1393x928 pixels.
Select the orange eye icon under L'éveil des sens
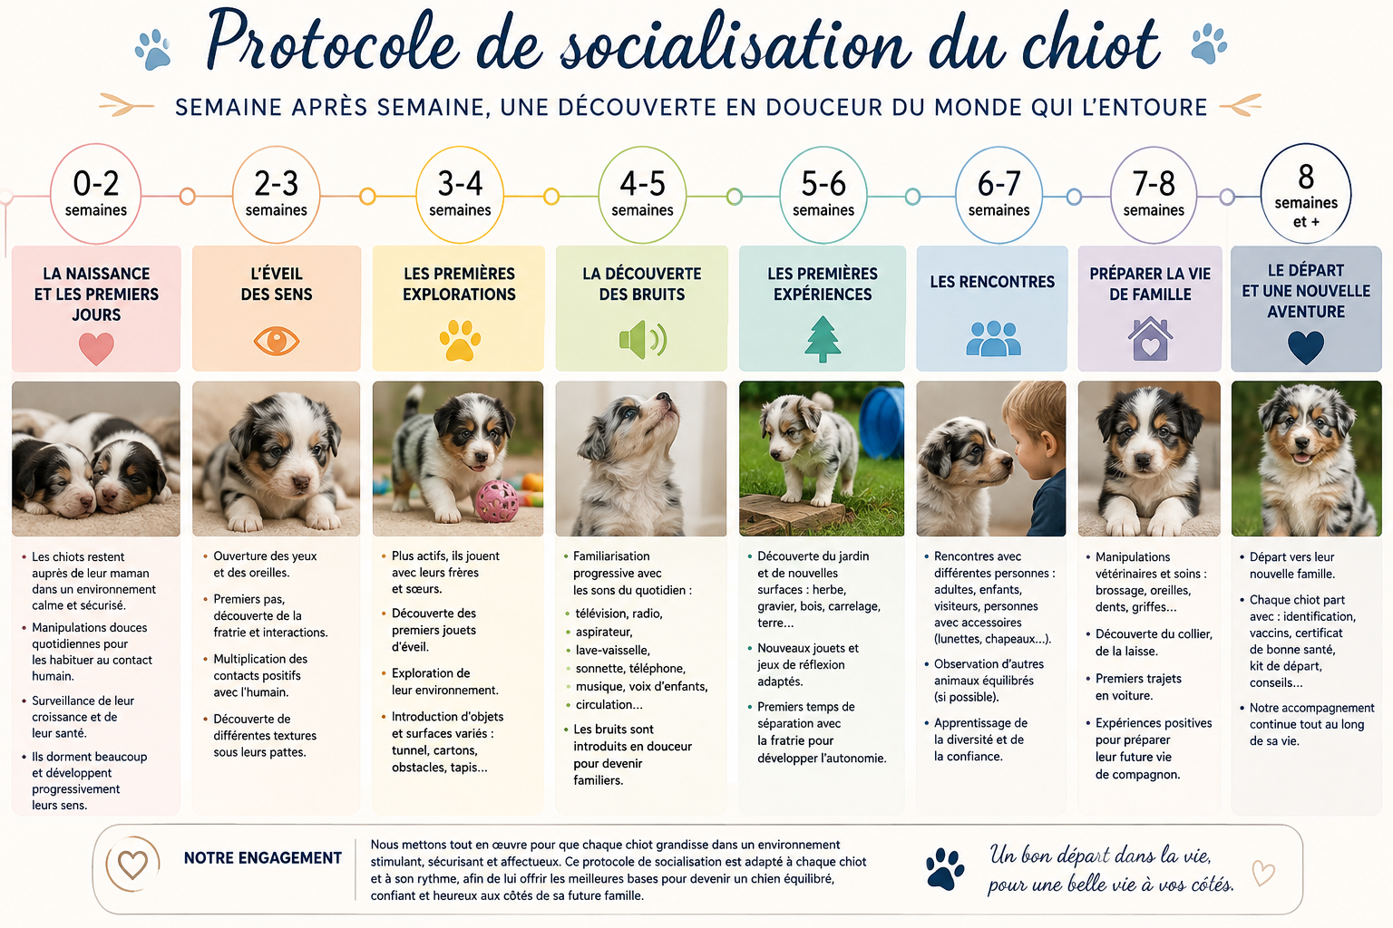pyautogui.click(x=277, y=342)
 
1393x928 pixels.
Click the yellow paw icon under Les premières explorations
pyautogui.click(x=460, y=340)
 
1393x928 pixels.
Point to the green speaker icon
pyautogui.click(x=642, y=340)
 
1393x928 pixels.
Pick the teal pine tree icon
pyautogui.click(x=823, y=339)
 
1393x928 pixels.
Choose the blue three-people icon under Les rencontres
pyautogui.click(x=993, y=338)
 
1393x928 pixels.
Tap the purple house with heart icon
pyautogui.click(x=1151, y=339)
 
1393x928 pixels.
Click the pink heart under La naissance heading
pyautogui.click(x=96, y=348)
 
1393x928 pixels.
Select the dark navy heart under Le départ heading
pyautogui.click(x=1306, y=347)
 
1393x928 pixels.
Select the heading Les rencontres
pyautogui.click(x=992, y=282)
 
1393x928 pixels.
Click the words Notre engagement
pyautogui.click(x=262, y=857)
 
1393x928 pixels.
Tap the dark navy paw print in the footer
pyautogui.click(x=945, y=868)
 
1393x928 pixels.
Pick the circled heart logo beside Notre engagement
pyautogui.click(x=132, y=864)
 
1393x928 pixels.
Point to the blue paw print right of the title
pyautogui.click(x=1210, y=43)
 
